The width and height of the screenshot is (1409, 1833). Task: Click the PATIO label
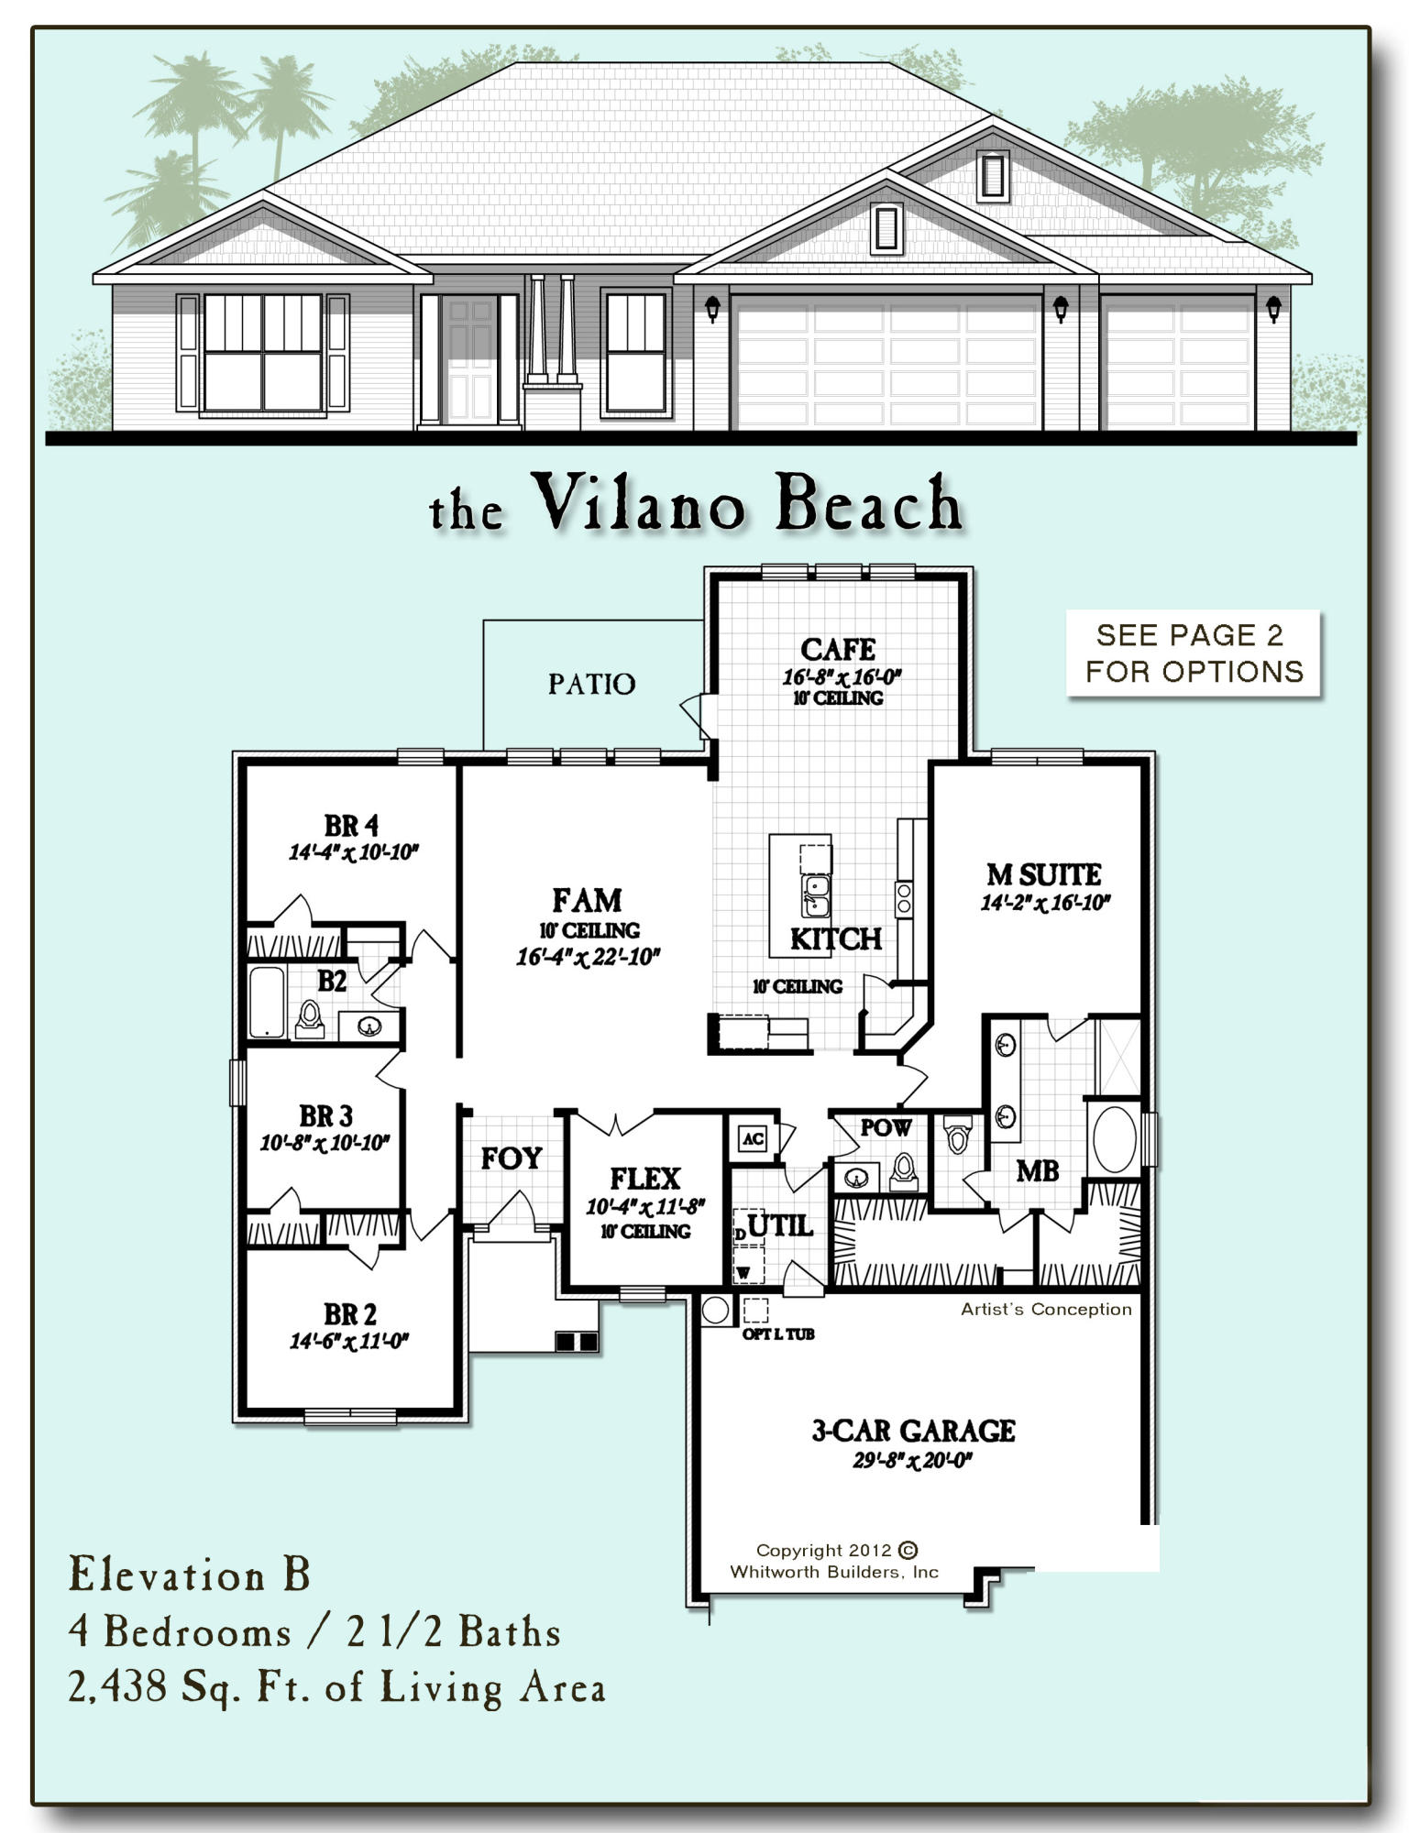[591, 684]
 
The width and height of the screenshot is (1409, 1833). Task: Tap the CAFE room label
[837, 649]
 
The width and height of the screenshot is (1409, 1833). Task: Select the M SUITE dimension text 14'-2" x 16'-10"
[1045, 903]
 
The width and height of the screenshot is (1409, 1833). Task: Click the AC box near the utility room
[753, 1138]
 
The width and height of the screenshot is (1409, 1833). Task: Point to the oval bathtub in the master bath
[1114, 1139]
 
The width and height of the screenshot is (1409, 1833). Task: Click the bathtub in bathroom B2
[267, 1002]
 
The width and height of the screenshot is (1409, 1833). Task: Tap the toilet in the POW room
[903, 1170]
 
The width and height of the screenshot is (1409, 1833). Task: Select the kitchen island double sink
[815, 895]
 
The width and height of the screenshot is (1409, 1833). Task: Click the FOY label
[512, 1158]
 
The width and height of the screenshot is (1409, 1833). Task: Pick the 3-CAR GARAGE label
[913, 1431]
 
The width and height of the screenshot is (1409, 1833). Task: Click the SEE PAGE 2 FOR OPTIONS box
[1194, 653]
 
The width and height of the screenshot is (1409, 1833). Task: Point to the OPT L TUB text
[777, 1334]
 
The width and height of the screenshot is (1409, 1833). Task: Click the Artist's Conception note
[1046, 1310]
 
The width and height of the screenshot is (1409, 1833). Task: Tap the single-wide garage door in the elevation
[1178, 365]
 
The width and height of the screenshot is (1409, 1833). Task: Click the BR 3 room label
[325, 1116]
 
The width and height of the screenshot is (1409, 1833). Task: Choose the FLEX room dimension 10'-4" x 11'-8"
[644, 1206]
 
